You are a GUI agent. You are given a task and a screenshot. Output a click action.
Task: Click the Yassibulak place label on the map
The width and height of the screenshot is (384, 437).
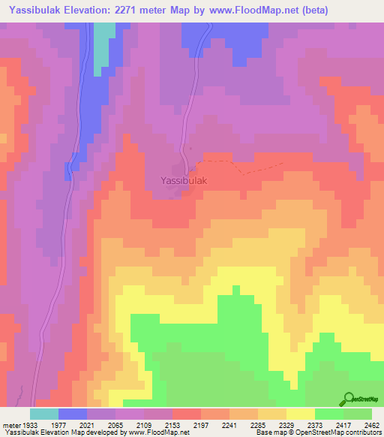(184, 181)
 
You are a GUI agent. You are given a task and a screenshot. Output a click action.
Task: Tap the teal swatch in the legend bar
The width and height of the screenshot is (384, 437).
(44, 414)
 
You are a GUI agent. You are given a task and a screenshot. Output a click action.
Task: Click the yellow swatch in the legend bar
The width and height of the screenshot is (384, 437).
(301, 414)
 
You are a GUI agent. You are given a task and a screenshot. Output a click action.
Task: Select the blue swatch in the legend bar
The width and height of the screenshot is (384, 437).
(73, 414)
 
